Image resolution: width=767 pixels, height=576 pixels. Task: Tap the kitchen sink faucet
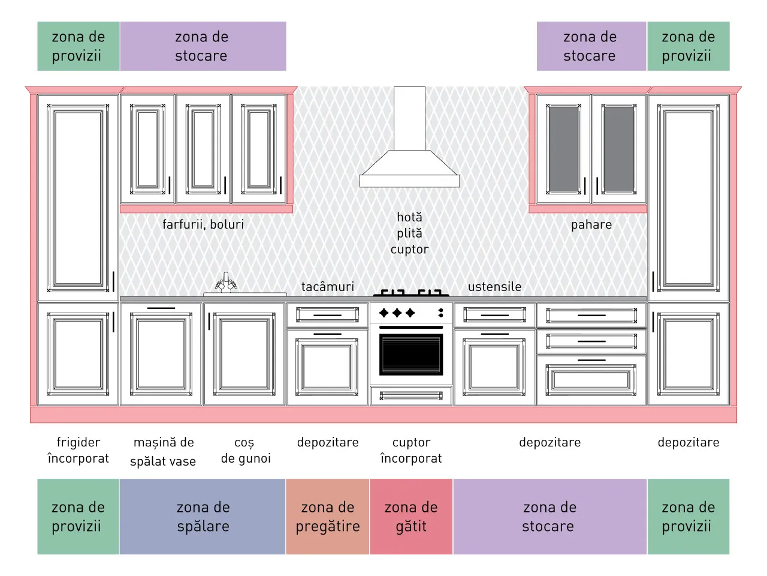(226, 282)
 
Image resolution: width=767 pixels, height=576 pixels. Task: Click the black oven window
(411, 354)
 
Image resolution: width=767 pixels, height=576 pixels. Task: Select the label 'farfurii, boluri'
(203, 224)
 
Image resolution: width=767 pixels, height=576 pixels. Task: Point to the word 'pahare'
(591, 225)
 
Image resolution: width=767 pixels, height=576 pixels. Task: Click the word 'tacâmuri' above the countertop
(327, 286)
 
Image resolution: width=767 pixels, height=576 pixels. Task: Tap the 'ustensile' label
(494, 286)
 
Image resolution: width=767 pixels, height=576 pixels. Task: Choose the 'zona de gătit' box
(411, 516)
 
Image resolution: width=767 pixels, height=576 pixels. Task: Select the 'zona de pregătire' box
(327, 516)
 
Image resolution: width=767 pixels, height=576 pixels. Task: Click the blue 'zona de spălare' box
(203, 516)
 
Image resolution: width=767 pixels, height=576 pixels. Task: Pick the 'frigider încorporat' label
(78, 451)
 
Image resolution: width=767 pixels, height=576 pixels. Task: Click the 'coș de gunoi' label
(246, 451)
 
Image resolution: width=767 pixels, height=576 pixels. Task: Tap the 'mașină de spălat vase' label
(163, 452)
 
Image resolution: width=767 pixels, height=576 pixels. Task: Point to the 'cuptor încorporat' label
(411, 451)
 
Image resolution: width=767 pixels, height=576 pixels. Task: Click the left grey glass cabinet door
(563, 149)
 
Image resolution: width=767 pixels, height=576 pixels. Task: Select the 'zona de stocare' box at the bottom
(549, 516)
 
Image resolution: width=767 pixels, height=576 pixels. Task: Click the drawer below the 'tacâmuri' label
(327, 315)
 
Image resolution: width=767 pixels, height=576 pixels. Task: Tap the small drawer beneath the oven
(411, 395)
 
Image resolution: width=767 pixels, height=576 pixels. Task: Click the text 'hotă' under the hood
(409, 217)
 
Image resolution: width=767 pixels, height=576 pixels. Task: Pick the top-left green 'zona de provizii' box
(78, 46)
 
